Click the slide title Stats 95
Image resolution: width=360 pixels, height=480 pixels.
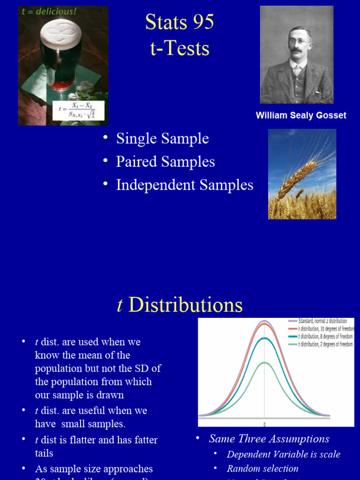pyautogui.click(x=180, y=22)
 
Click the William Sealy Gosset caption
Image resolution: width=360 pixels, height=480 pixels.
pyautogui.click(x=301, y=115)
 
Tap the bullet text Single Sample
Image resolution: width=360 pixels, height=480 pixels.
pyautogui.click(x=162, y=138)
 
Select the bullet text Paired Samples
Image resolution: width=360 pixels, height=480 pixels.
pyautogui.click(x=165, y=162)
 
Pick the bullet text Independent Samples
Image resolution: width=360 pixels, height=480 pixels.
pyautogui.click(x=185, y=185)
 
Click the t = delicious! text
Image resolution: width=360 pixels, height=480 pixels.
pyautogui.click(x=49, y=12)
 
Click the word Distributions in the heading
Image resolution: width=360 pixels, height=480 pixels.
pyautogui.click(x=185, y=305)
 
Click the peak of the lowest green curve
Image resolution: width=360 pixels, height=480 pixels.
pyautogui.click(x=264, y=363)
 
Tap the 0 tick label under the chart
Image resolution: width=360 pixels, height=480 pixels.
pyautogui.click(x=264, y=424)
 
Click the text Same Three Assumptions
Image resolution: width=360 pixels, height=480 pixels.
pyautogui.click(x=269, y=439)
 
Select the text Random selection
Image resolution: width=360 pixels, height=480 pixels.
pyautogui.click(x=262, y=468)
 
